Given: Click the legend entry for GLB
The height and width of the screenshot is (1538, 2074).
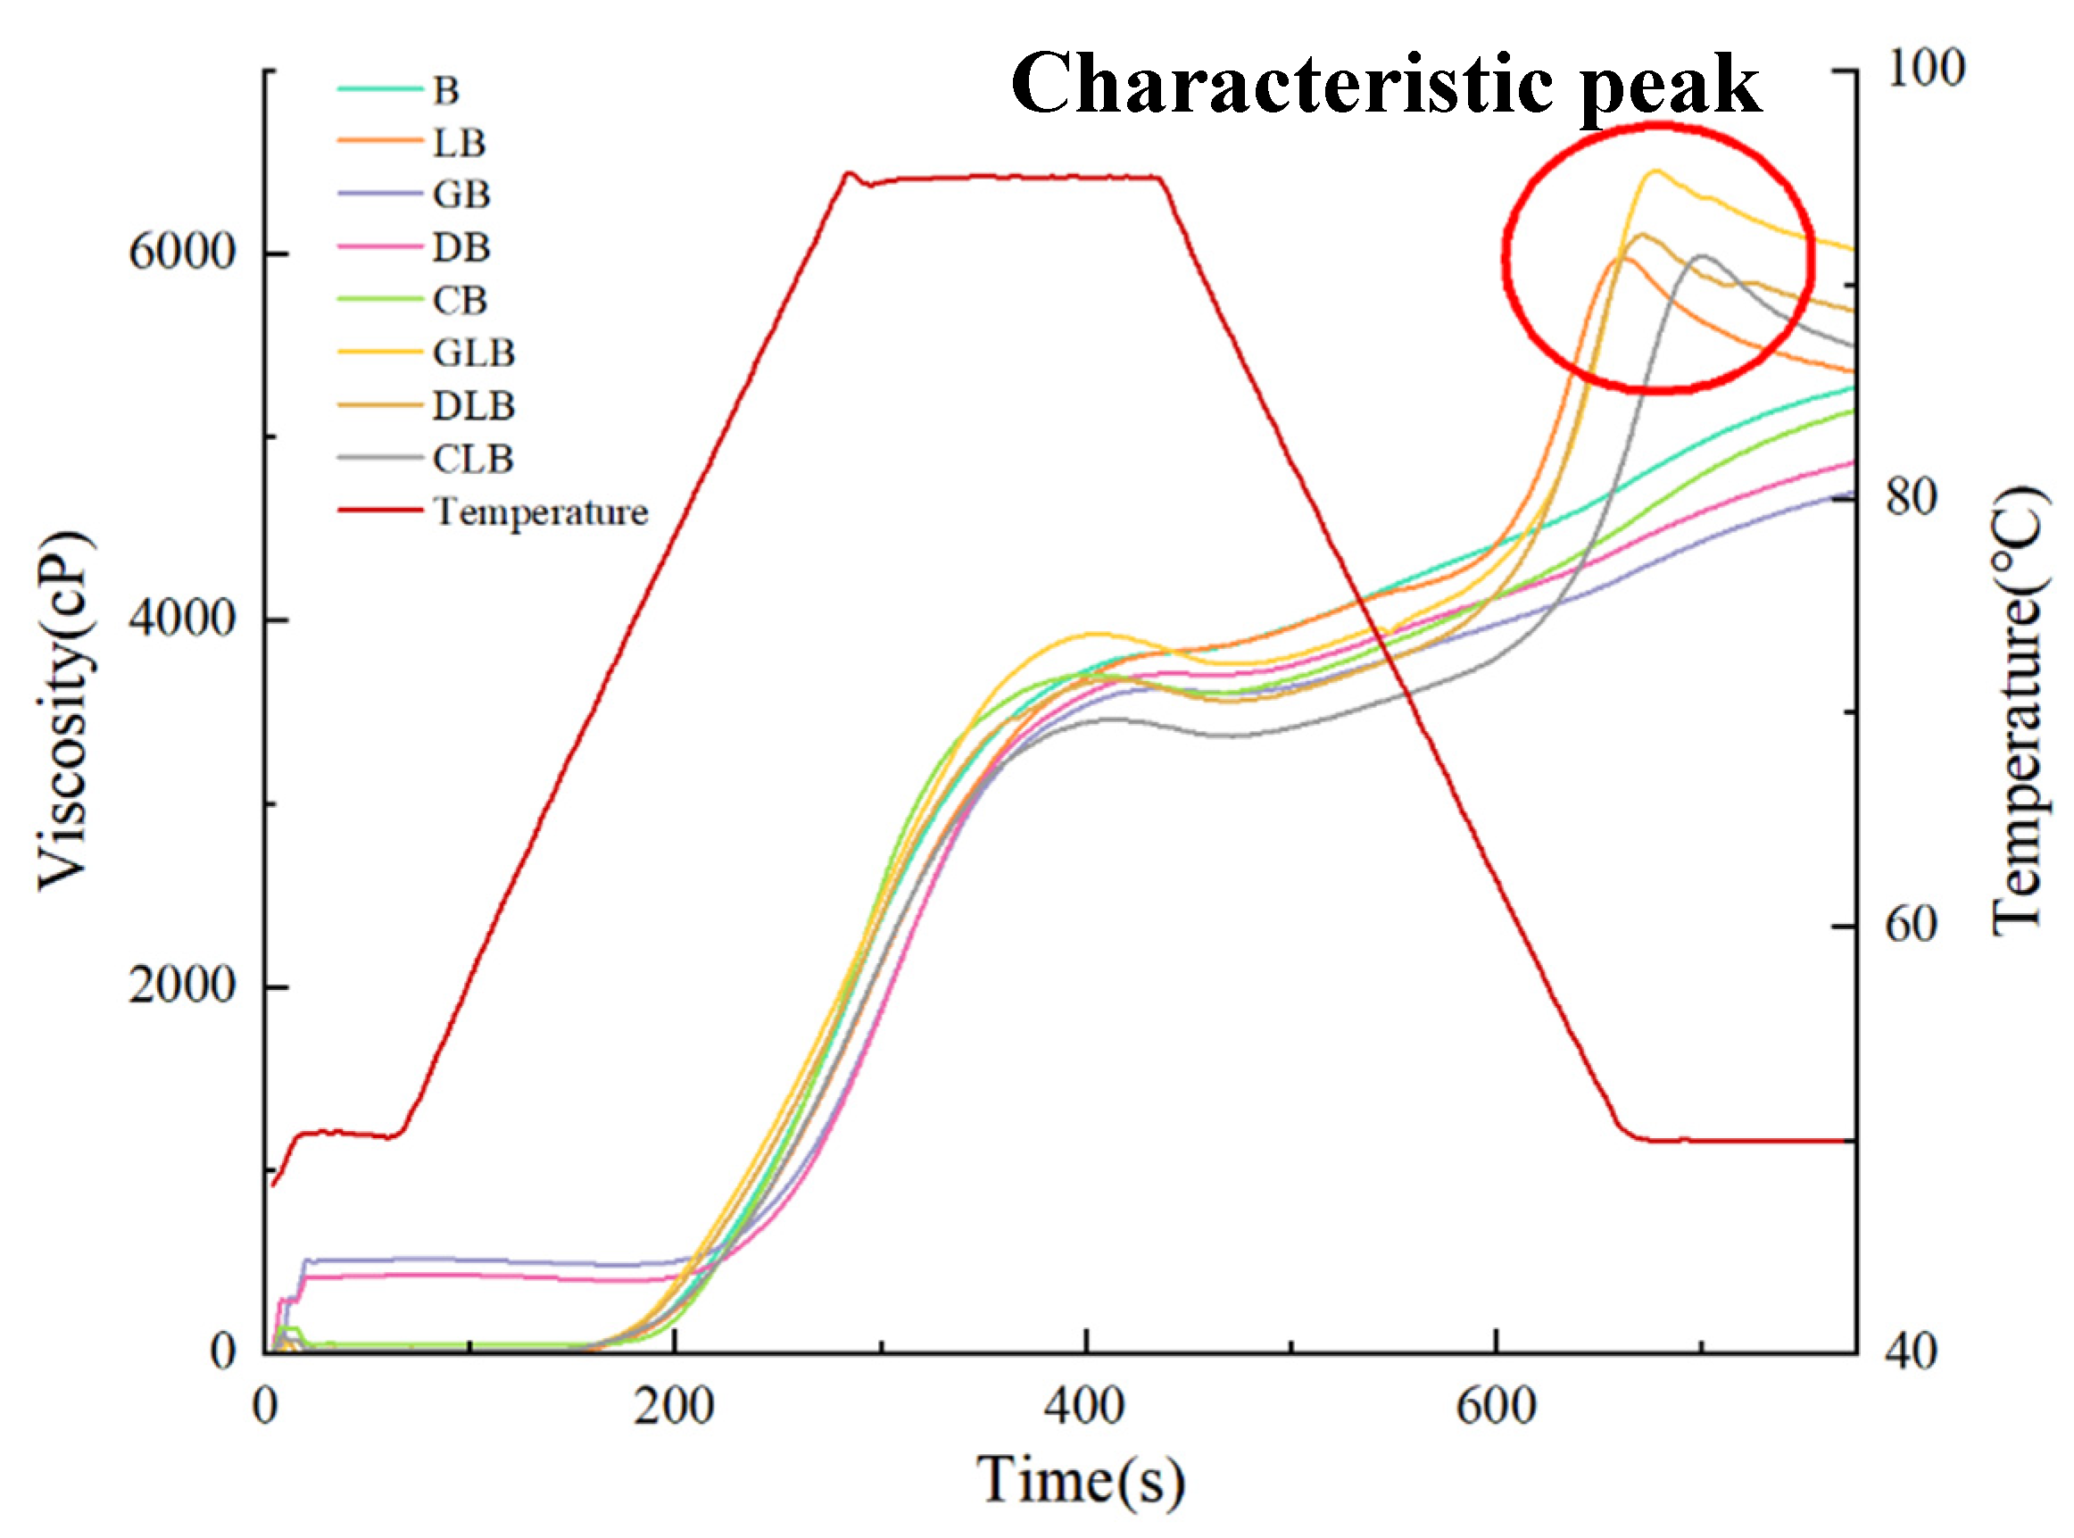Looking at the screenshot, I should [473, 353].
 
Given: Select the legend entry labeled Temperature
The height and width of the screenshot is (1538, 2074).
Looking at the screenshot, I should [540, 511].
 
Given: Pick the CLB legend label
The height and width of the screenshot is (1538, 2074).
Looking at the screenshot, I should [473, 459].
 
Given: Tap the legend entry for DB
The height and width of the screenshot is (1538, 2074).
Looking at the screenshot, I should [460, 247].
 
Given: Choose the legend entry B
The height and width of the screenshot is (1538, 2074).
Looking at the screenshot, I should [445, 90].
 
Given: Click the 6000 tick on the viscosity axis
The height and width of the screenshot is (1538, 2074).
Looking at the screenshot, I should [182, 253].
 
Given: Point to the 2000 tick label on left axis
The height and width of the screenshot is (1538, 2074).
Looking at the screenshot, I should [182, 985].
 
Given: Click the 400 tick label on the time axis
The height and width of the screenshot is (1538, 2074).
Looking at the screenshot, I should [1084, 1407].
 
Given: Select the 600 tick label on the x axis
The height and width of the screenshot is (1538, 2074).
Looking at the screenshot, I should [1495, 1407].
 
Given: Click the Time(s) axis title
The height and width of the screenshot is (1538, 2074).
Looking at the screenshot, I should [1080, 1480].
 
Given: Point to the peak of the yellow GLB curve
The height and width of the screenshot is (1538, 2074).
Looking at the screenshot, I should [1655, 171].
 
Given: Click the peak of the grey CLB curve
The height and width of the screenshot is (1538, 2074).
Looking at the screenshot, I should [1703, 255].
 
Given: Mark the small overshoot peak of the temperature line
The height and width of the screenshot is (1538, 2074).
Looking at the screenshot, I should [848, 173].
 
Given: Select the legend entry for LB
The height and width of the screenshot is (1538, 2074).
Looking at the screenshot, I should [459, 143].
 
